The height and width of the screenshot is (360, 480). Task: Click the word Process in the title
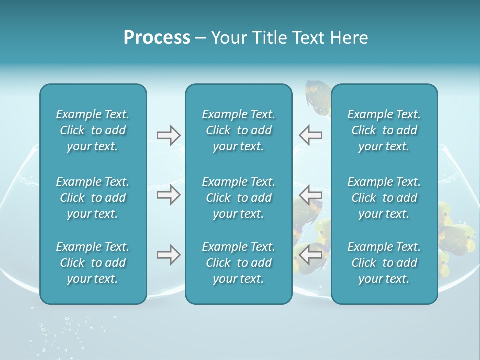click(157, 38)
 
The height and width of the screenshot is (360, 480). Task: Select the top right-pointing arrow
click(168, 135)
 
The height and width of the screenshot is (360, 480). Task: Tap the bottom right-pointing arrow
click(168, 255)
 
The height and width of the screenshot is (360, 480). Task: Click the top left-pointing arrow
click(311, 135)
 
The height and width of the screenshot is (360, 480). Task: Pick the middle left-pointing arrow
click(311, 194)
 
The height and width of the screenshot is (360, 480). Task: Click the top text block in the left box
click(93, 130)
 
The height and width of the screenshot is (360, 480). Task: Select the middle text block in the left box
click(93, 198)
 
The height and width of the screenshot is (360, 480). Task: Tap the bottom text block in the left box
click(93, 263)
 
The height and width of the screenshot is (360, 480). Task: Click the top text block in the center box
click(239, 130)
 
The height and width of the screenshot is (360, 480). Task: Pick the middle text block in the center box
click(239, 198)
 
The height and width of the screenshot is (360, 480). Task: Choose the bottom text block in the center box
click(239, 263)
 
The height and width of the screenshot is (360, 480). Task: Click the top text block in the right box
click(384, 130)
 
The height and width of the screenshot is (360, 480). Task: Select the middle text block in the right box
click(384, 198)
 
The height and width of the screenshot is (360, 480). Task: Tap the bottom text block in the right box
click(384, 263)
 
